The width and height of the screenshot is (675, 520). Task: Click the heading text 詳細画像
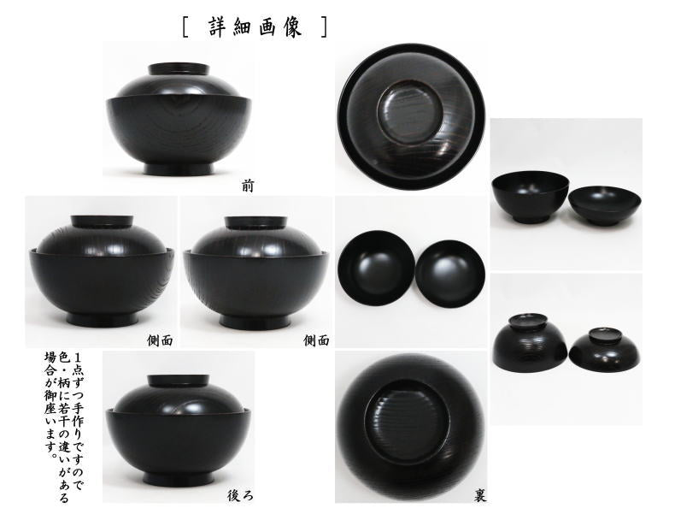(x=255, y=27)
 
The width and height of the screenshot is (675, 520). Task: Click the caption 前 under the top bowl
(x=248, y=184)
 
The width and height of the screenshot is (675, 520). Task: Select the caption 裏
(x=480, y=495)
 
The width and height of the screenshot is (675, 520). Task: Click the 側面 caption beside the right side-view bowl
(x=317, y=340)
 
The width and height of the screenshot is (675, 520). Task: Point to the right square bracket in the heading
(x=325, y=27)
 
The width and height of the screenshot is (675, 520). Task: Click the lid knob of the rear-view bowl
(x=179, y=381)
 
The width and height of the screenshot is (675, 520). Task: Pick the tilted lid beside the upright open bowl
(x=605, y=206)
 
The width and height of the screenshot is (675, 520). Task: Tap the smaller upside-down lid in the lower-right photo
(x=605, y=349)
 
